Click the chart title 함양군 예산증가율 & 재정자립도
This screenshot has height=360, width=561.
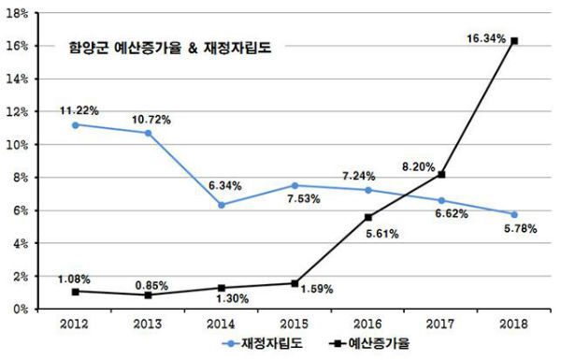pyautogui.click(x=168, y=46)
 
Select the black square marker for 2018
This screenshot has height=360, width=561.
pyautogui.click(x=514, y=41)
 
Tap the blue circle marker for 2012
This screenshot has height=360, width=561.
pyautogui.click(x=75, y=124)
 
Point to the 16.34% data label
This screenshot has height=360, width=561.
pyautogui.click(x=486, y=39)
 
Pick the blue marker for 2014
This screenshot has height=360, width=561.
pyautogui.click(x=222, y=205)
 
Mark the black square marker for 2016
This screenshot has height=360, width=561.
pyautogui.click(x=367, y=217)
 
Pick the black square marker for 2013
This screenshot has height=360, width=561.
pyautogui.click(x=148, y=295)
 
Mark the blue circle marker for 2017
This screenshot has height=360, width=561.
pyautogui.click(x=441, y=200)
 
